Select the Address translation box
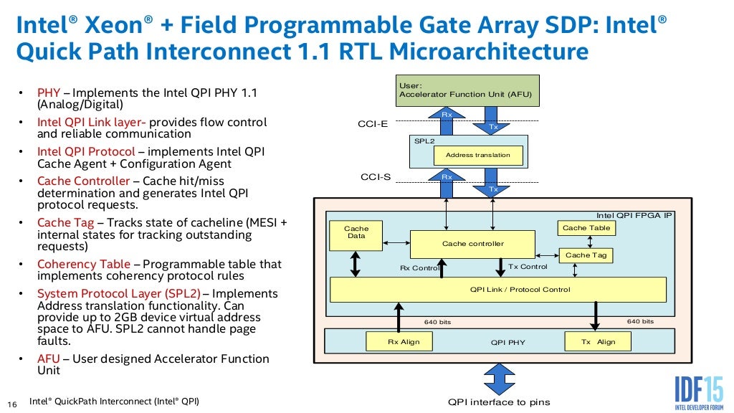(478, 156)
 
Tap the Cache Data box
(356, 232)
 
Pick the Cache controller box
(472, 244)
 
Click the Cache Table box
(586, 228)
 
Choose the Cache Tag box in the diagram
(586, 255)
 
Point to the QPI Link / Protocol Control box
(497, 290)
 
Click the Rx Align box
(404, 342)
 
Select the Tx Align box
(598, 342)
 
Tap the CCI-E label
(373, 124)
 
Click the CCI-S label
(374, 177)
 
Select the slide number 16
(11, 402)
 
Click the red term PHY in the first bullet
(48, 92)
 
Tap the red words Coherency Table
(83, 264)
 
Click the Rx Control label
(419, 268)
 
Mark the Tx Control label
(528, 267)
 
